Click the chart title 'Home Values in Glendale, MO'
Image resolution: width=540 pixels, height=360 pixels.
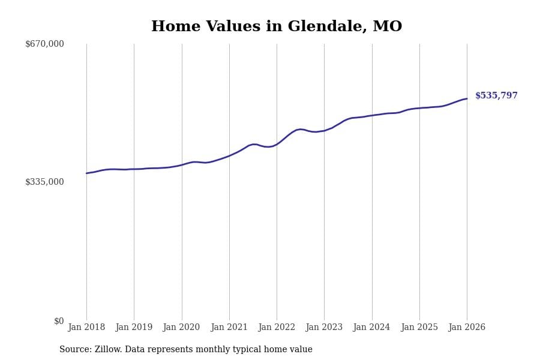pyautogui.click(x=277, y=27)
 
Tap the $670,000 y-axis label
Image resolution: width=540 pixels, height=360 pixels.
pyautogui.click(x=44, y=44)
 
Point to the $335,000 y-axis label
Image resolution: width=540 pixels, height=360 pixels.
pyautogui.click(x=44, y=182)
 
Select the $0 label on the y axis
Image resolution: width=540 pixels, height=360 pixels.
pyautogui.click(x=59, y=321)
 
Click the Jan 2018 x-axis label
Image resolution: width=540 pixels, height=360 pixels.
pyautogui.click(x=86, y=328)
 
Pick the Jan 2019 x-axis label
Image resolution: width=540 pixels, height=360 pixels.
pyautogui.click(x=134, y=328)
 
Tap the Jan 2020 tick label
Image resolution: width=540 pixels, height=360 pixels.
pyautogui.click(x=181, y=328)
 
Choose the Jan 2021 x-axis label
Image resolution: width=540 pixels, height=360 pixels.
pyautogui.click(x=229, y=328)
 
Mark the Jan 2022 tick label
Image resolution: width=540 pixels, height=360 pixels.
pyautogui.click(x=277, y=328)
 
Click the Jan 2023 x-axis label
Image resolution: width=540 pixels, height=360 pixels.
pyautogui.click(x=324, y=328)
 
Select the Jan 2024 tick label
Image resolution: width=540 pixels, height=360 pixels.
pyautogui.click(x=371, y=328)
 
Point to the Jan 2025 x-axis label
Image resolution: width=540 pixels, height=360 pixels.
pyautogui.click(x=419, y=328)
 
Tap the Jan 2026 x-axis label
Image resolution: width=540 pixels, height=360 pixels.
pyautogui.click(x=467, y=328)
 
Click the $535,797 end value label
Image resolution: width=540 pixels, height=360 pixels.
pyautogui.click(x=496, y=96)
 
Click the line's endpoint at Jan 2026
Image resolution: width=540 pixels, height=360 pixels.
pyautogui.click(x=467, y=98)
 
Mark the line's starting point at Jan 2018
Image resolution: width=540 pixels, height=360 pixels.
pyautogui.click(x=86, y=173)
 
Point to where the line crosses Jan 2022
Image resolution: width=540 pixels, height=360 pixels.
pyautogui.click(x=277, y=144)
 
